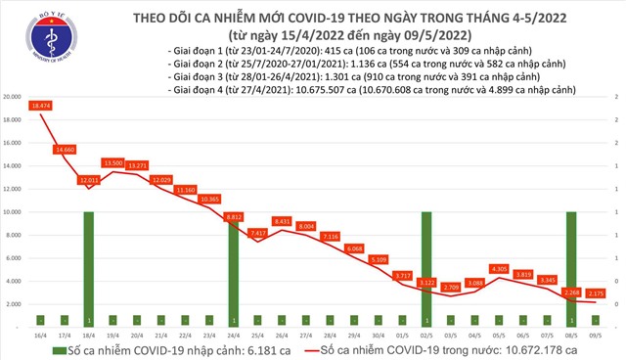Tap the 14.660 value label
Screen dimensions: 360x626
click(x=65, y=149)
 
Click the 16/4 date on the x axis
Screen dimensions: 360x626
click(x=40, y=334)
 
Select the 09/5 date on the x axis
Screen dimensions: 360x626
click(x=595, y=334)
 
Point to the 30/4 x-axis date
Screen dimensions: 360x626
click(x=378, y=334)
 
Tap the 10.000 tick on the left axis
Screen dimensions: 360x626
click(x=14, y=211)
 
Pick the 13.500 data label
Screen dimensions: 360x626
click(x=112, y=162)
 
